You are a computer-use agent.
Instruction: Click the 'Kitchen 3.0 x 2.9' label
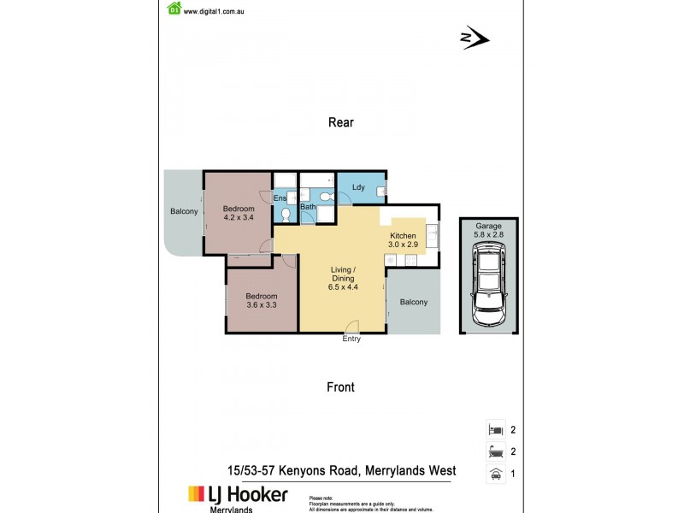tap(403, 240)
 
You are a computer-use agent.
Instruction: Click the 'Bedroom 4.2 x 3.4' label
tap(239, 214)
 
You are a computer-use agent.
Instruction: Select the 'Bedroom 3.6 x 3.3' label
tap(261, 299)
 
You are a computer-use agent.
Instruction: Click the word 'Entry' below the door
tap(351, 339)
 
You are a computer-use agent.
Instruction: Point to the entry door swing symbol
tap(352, 325)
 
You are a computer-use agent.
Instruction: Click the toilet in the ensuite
tap(286, 214)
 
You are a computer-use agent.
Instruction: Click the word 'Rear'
tap(341, 122)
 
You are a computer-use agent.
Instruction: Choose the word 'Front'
tap(340, 387)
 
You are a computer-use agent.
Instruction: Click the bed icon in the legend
tap(494, 430)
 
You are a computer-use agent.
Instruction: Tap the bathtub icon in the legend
tap(494, 452)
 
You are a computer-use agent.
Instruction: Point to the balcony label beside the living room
tap(414, 302)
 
